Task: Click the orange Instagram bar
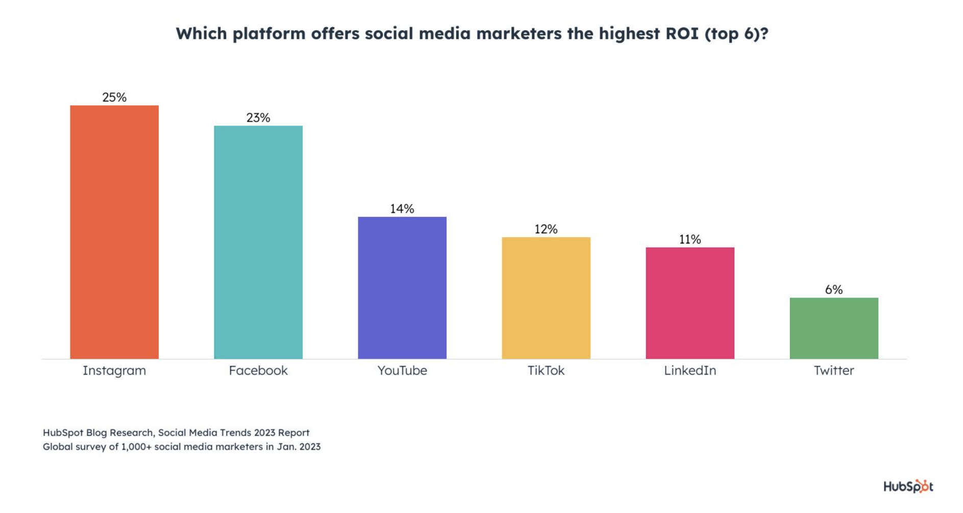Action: (x=114, y=232)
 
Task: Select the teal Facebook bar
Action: (x=258, y=242)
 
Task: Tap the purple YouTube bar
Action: (x=402, y=288)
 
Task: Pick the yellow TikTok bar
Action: (x=546, y=298)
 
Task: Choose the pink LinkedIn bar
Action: (x=690, y=303)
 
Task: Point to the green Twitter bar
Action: (x=834, y=328)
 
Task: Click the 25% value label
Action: (x=114, y=97)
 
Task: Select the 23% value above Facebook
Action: (x=258, y=117)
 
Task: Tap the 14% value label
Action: (x=402, y=209)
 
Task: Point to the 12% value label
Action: (x=546, y=229)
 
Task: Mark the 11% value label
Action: (x=690, y=239)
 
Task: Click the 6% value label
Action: (x=834, y=289)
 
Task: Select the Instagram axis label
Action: (x=114, y=371)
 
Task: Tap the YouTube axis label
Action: (x=402, y=371)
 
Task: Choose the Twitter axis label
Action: (x=834, y=371)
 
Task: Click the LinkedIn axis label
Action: (x=690, y=371)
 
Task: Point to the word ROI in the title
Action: (x=682, y=34)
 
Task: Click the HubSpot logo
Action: (x=908, y=486)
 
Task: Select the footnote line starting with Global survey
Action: (x=182, y=447)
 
